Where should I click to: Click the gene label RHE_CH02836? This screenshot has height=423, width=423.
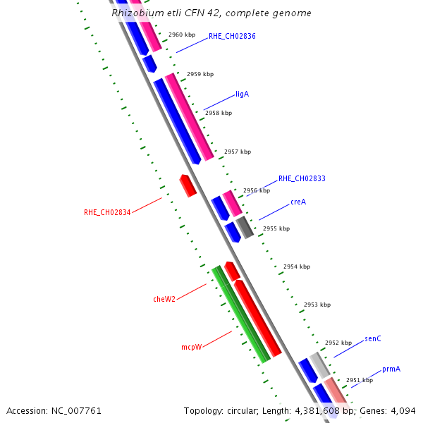232,36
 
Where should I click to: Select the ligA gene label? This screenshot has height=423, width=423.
242,94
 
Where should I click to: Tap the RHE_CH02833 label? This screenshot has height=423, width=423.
302,179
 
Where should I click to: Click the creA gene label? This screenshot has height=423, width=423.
298,202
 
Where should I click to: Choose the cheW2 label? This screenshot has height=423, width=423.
164,299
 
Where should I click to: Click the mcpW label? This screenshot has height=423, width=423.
191,347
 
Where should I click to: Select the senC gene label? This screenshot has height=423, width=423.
373,339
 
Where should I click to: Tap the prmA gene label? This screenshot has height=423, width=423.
391,369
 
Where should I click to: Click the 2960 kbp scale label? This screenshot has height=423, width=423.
182,35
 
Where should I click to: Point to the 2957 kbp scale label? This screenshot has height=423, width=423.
237,152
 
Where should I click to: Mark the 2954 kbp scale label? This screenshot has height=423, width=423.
296,267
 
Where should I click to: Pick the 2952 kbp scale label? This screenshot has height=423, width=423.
338,343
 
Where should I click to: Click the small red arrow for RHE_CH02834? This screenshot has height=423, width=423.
188,185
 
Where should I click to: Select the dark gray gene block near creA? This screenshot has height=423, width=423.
245,227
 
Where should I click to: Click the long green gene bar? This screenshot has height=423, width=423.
241,314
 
